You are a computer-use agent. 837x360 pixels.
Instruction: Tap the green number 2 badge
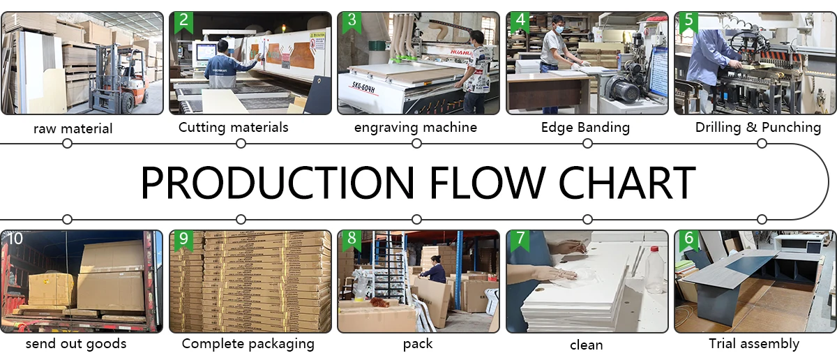[183, 20]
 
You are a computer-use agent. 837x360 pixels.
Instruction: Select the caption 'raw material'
[73, 128]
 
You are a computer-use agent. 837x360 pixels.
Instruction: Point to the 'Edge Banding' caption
[585, 128]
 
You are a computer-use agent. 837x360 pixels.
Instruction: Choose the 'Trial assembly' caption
[754, 344]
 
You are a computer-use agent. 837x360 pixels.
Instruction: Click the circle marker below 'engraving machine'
[416, 144]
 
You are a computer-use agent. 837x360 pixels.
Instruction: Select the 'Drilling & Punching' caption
[758, 128]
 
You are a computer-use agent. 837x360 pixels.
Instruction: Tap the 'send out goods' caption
[76, 344]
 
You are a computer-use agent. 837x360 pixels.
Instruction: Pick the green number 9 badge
[183, 239]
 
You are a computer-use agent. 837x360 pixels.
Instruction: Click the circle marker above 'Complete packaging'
[241, 219]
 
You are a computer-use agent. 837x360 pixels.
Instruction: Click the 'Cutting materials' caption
[233, 128]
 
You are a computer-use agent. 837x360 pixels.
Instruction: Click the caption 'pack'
[418, 344]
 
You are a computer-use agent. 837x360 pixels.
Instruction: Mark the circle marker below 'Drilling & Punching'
[762, 144]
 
